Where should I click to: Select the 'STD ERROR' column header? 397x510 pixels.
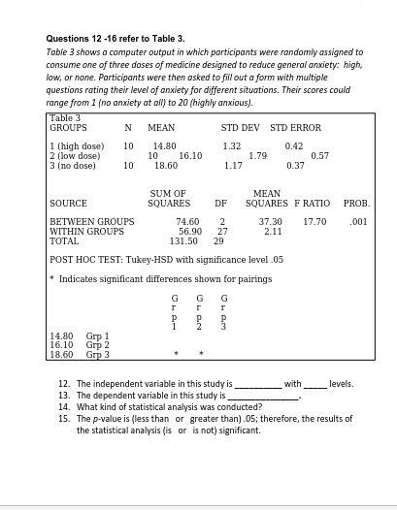(296, 127)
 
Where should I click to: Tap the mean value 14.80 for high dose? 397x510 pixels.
(165, 145)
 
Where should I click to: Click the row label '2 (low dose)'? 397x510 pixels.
(75, 155)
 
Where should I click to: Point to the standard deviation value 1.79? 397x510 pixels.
(258, 155)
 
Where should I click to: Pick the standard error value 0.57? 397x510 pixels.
(319, 155)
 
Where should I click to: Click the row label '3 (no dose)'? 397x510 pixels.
(73, 165)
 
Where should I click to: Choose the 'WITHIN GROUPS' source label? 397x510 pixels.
(86, 231)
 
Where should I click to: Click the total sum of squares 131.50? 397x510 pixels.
(183, 240)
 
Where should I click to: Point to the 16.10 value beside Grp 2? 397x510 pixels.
(61, 346)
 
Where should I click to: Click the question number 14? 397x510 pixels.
(63, 406)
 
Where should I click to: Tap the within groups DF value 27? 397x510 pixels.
(222, 231)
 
